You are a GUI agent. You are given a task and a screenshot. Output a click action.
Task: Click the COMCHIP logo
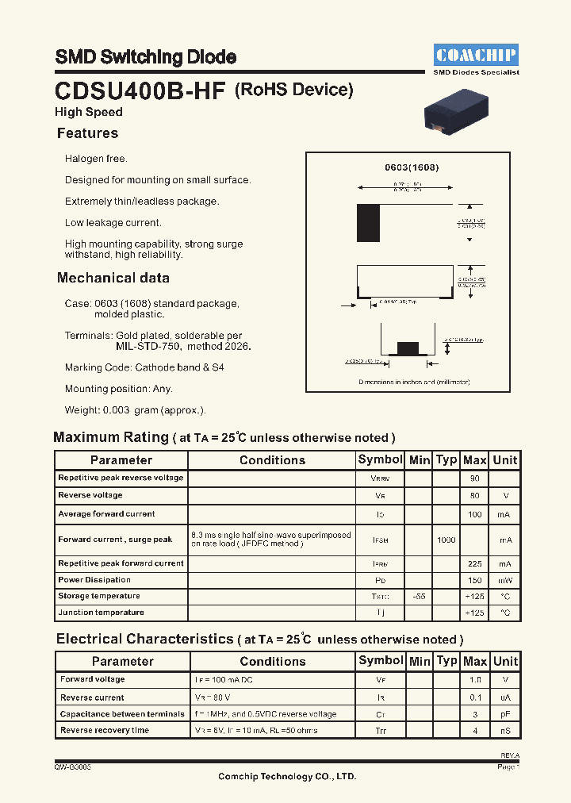click(476, 55)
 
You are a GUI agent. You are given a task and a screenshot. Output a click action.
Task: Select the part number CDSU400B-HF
click(141, 90)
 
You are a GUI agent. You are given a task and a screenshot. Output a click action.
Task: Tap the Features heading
click(87, 133)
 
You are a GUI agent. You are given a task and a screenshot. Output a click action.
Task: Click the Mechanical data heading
click(113, 278)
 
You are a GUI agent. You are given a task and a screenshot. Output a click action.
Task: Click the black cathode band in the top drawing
click(368, 223)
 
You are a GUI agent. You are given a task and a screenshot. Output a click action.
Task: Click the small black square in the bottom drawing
click(407, 348)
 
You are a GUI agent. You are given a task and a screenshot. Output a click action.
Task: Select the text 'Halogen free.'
click(96, 159)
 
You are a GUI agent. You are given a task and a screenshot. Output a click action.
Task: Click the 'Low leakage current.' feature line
click(113, 223)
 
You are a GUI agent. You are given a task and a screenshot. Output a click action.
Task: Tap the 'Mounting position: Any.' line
click(118, 389)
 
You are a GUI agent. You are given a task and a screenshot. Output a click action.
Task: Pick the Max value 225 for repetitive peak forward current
click(475, 563)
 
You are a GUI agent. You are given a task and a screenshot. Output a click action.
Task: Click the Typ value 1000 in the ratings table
click(446, 540)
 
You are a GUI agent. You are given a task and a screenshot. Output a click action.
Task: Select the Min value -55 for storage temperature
click(420, 596)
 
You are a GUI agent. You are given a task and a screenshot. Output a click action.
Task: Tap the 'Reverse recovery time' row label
click(104, 730)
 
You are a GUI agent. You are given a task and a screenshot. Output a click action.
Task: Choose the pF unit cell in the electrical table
click(505, 714)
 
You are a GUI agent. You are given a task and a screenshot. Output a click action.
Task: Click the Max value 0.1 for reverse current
click(475, 697)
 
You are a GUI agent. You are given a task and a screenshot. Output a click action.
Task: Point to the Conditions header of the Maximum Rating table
click(272, 460)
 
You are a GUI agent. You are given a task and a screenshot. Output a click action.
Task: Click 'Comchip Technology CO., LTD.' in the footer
click(287, 776)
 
